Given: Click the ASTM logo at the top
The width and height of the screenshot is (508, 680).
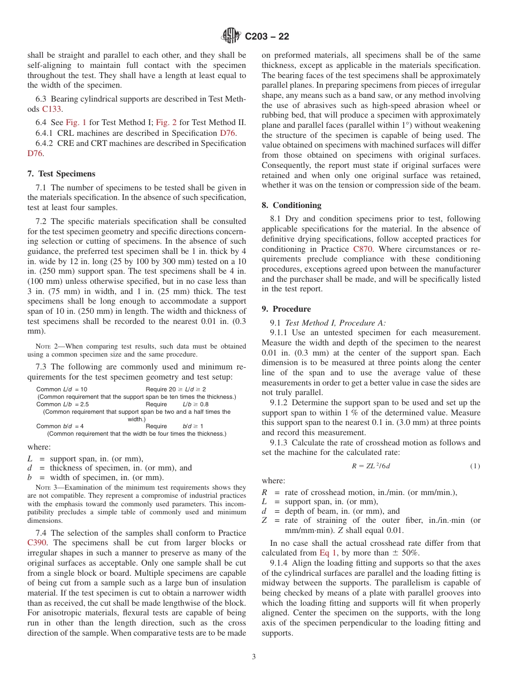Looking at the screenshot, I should (231, 36).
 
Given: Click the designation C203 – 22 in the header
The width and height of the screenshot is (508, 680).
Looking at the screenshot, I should (267, 36).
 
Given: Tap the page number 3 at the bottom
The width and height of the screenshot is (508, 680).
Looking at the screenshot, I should (254, 656).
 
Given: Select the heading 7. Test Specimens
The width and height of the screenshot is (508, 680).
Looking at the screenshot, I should (61, 174).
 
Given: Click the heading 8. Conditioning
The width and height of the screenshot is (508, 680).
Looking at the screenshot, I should (291, 205).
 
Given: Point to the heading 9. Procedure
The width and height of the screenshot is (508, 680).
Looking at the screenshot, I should (286, 309).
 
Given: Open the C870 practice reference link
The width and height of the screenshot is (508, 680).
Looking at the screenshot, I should (364, 249).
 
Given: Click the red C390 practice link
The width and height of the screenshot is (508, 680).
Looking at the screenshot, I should (36, 543).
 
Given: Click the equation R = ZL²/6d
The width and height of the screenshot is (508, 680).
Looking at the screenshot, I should (371, 466).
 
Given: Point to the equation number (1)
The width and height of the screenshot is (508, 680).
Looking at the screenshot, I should (475, 466).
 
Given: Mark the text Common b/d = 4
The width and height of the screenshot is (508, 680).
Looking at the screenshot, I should (60, 426).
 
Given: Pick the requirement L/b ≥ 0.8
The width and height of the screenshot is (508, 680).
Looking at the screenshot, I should (196, 404).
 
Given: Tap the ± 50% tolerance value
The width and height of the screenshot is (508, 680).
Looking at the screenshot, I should (406, 553).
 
